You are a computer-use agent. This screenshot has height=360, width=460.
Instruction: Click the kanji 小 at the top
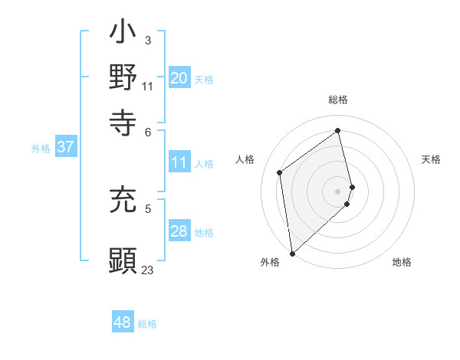click(x=123, y=34)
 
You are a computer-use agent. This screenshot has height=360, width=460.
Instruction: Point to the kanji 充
click(x=123, y=201)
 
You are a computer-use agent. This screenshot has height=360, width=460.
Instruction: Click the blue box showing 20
click(x=179, y=78)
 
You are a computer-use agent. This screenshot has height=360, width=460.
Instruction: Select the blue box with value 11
click(x=179, y=162)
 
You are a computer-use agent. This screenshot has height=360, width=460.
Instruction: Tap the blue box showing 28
click(x=179, y=231)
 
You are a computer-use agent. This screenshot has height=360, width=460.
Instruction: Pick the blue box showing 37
click(x=65, y=147)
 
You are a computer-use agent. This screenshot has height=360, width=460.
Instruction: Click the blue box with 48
click(x=123, y=322)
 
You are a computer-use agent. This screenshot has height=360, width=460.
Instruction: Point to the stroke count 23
click(x=147, y=270)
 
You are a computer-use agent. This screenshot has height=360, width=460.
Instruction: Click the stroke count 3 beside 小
click(x=147, y=40)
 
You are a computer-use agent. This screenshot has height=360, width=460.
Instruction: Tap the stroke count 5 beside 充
click(x=147, y=207)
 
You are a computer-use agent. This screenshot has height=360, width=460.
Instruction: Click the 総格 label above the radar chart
click(x=337, y=100)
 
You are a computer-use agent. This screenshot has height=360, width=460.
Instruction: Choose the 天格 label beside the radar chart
click(x=431, y=159)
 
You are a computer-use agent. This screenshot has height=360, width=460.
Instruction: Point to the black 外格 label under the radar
click(x=270, y=262)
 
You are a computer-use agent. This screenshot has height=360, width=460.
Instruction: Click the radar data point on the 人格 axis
click(x=280, y=172)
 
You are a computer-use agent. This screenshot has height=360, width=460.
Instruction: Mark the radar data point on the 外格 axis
click(x=292, y=253)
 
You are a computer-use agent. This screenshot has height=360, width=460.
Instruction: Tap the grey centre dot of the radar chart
click(x=337, y=191)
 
